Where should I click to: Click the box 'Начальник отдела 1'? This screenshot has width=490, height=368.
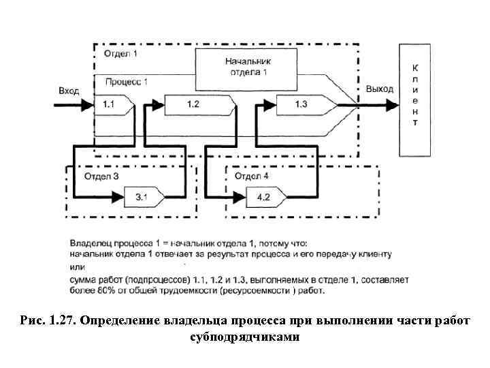point(247,67)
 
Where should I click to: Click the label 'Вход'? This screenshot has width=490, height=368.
point(69,90)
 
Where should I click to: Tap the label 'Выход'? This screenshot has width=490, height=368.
point(379,89)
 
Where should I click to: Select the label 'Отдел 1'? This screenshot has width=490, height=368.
point(120,53)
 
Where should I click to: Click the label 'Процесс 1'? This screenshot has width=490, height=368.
point(127,82)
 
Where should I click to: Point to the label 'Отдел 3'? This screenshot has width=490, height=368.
point(101,176)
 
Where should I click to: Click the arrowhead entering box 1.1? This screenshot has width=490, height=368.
point(87,106)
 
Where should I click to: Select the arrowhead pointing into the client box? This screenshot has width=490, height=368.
point(391,106)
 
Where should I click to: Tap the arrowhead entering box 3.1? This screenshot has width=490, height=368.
point(118,198)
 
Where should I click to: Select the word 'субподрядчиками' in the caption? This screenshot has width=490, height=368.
point(244,337)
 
